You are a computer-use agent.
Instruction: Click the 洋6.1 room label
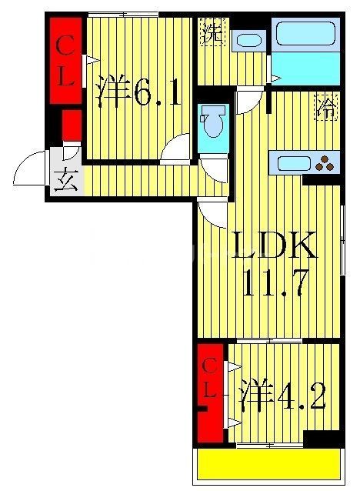(138, 93)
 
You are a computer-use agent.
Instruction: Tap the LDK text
(274, 249)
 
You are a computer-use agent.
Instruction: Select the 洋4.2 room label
(282, 397)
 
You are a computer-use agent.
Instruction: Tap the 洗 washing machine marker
(212, 34)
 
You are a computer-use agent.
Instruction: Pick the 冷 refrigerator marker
(325, 109)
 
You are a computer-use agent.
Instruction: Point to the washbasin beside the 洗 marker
(248, 40)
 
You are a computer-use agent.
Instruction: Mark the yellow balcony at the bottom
(269, 464)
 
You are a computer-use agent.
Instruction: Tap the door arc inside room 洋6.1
(176, 149)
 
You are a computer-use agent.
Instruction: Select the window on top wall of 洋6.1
(122, 14)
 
